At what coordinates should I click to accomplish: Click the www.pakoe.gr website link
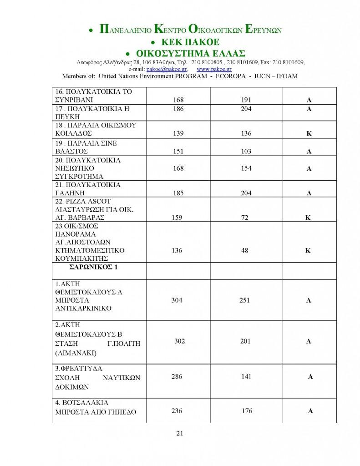coord(214,69)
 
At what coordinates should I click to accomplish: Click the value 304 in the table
coord(177,300)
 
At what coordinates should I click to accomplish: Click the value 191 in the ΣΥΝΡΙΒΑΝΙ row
coord(246,99)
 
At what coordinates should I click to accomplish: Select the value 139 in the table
coord(178,133)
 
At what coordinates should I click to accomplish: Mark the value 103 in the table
coord(246,152)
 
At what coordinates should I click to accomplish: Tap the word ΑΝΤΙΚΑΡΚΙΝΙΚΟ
coord(83,309)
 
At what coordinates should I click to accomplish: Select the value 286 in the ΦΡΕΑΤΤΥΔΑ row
coord(177,377)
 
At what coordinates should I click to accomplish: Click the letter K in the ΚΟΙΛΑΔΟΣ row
coord(309,134)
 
